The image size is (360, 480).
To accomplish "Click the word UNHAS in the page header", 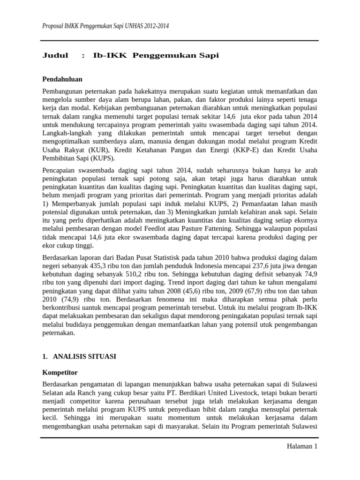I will pos(132,26).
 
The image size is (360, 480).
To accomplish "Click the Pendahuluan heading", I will pos(63,79).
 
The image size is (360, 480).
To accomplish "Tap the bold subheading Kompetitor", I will pos(60,373).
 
